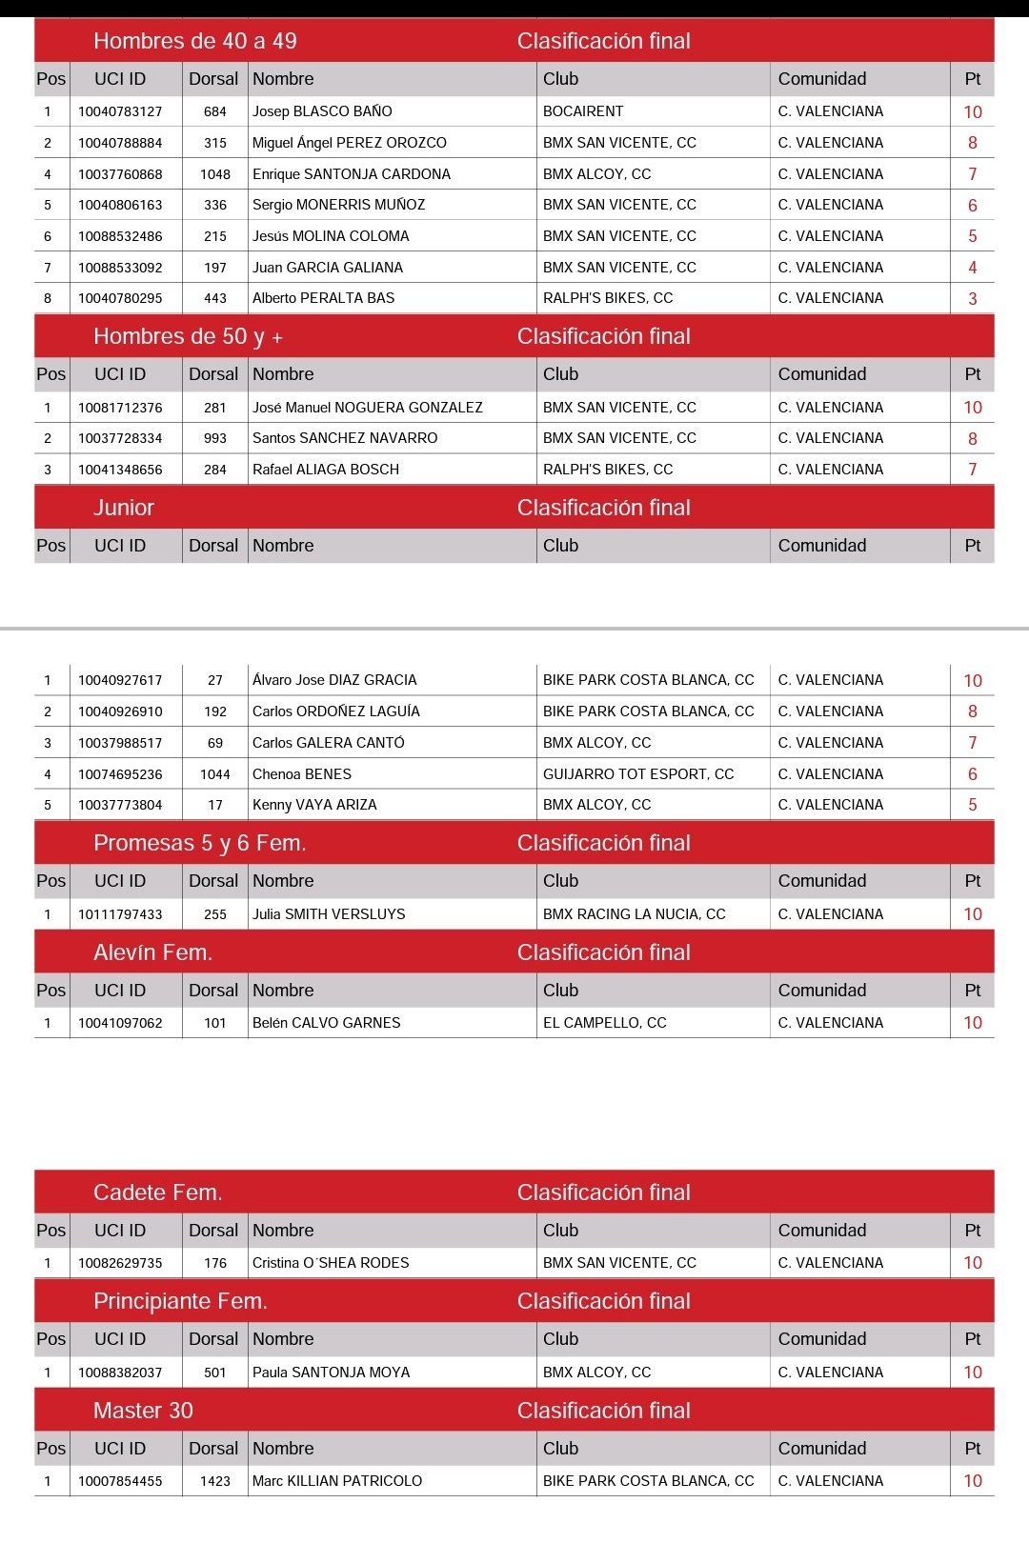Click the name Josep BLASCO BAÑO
322,111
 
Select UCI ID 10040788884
120,143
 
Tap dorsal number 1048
215,174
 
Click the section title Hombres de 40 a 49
195,41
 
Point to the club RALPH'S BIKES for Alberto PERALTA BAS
608,298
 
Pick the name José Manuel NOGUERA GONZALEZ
368,408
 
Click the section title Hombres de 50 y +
188,336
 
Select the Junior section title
124,508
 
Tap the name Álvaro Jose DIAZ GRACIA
334,680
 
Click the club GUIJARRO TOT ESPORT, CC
638,774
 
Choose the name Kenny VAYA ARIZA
314,805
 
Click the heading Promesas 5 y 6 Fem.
200,843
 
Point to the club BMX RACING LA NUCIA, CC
635,914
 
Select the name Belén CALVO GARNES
327,1023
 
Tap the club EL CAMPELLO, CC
605,1023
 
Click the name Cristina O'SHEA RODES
331,1263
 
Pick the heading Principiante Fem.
180,1301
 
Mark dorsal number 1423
215,1481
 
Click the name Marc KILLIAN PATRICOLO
337,1481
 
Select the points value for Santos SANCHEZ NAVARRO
973,439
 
